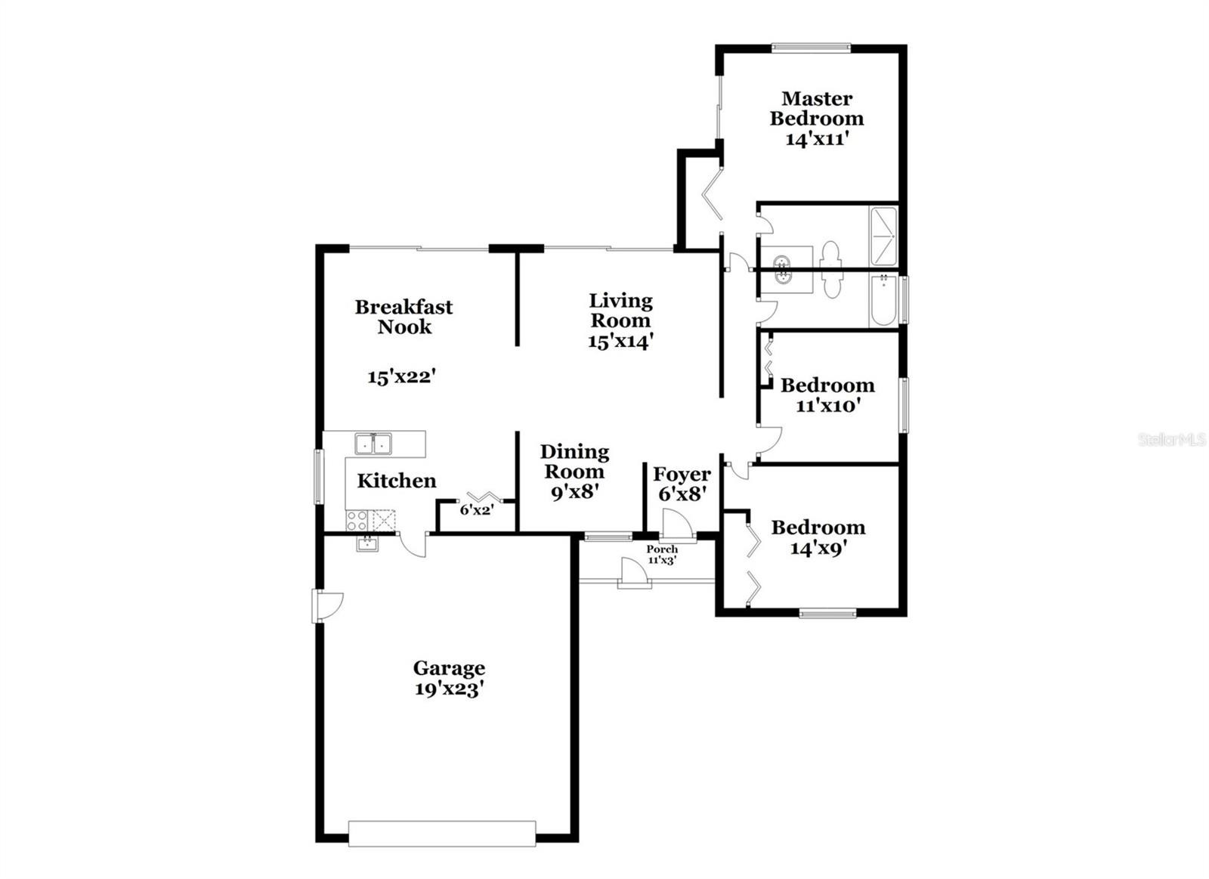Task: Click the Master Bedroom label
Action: pos(817,109)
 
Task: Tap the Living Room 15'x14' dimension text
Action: pos(620,341)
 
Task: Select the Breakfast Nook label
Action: pos(404,317)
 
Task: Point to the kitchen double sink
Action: pos(373,444)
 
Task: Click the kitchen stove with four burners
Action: pos(357,521)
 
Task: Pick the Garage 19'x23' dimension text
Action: pos(448,689)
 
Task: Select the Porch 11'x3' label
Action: pos(662,555)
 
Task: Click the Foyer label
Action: pos(682,475)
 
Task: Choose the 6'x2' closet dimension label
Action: pos(477,509)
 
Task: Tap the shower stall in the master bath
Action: pos(883,236)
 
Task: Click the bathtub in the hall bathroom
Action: pos(883,299)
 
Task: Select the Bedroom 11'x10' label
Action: pos(827,395)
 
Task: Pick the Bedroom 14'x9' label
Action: pos(818,537)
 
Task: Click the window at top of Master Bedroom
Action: pos(812,48)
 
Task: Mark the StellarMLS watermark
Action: pos(1172,440)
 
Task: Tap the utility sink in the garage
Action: pos(367,543)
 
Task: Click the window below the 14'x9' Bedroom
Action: pos(827,613)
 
